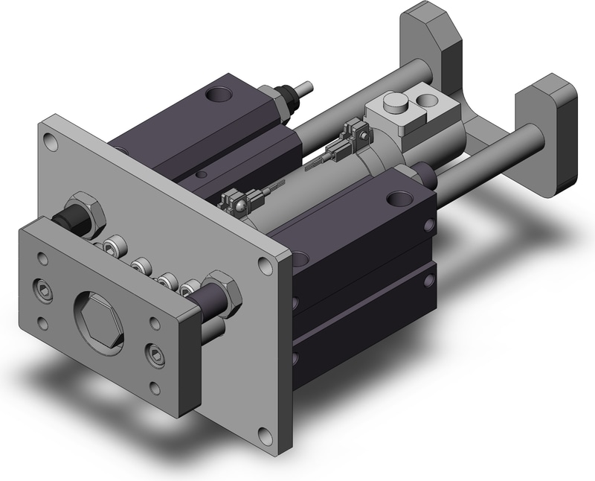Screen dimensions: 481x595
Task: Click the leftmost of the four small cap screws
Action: [115, 244]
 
